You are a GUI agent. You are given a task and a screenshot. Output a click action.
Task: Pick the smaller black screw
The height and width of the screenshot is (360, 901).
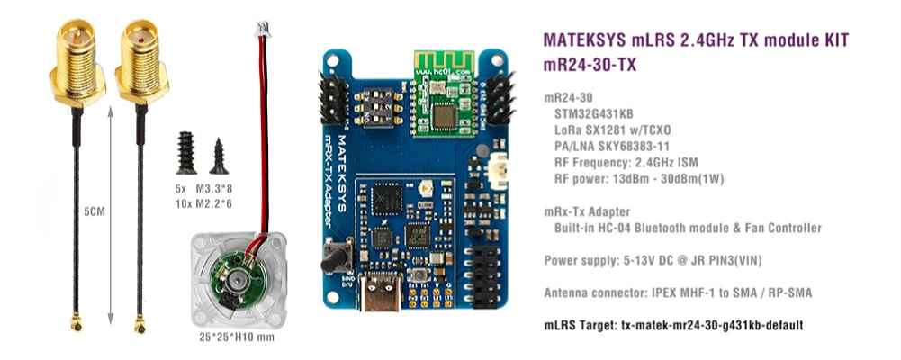219,156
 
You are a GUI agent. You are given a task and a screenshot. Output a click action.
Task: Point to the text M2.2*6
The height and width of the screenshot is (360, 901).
216,202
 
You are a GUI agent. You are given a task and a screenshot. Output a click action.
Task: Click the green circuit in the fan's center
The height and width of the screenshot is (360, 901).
232,281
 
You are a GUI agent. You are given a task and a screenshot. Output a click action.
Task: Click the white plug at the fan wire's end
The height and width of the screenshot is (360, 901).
263,31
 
